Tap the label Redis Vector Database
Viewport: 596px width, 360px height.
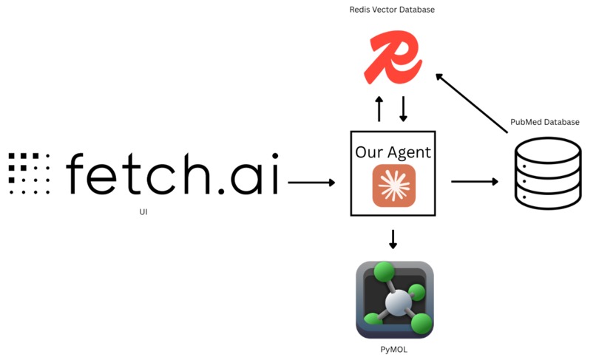point(392,10)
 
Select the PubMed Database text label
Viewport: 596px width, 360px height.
point(545,122)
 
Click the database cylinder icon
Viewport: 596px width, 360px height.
point(548,174)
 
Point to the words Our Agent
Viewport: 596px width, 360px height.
point(393,152)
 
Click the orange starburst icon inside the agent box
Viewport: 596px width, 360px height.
point(394,186)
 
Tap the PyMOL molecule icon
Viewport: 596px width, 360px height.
point(395,299)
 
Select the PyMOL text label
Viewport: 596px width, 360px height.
point(394,350)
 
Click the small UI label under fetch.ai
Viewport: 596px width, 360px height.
point(143,211)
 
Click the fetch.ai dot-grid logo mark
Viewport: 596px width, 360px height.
point(30,174)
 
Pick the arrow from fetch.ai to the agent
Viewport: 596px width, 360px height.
point(311,183)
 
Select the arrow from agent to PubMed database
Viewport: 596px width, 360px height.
point(475,182)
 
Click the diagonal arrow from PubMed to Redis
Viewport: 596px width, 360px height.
point(472,103)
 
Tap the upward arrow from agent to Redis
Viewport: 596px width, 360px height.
point(379,109)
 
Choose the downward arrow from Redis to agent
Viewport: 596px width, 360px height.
point(403,109)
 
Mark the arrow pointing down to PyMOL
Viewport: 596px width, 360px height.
point(393,239)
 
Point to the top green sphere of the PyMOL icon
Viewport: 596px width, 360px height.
point(385,272)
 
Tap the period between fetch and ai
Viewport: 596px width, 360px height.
point(221,191)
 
